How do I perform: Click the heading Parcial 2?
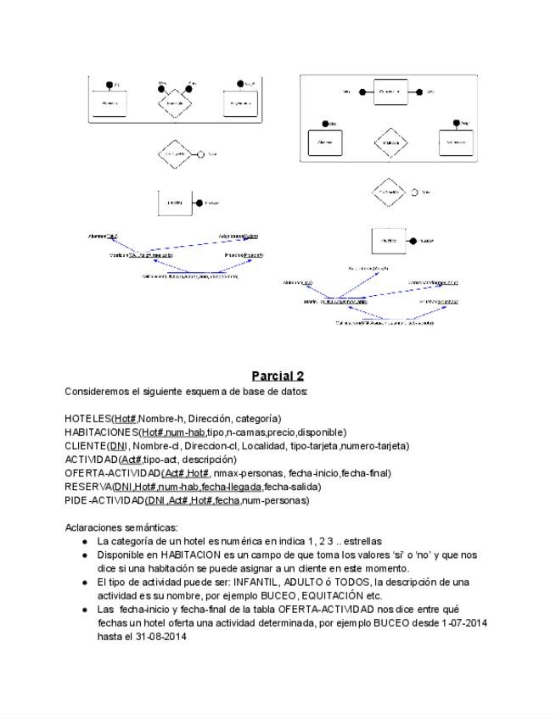[x=278, y=376]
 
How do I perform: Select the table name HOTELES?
[x=88, y=419]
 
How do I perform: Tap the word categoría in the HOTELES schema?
[x=257, y=419]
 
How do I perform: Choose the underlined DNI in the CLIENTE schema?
[x=117, y=446]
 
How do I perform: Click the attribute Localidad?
[x=262, y=446]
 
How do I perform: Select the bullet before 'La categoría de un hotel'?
[x=86, y=541]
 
